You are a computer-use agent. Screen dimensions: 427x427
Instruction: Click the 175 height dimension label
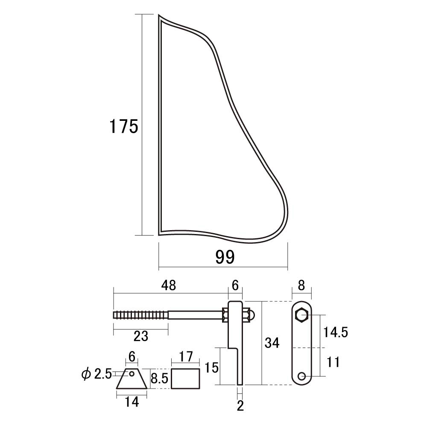click(124, 126)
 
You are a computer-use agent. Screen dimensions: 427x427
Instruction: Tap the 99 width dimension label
click(225, 257)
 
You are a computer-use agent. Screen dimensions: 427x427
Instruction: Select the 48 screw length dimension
click(169, 285)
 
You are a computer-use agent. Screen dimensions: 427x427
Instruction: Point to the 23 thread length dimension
click(141, 336)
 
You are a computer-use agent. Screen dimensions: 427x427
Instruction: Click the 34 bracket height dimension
click(272, 342)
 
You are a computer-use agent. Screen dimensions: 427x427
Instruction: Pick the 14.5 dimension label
click(336, 332)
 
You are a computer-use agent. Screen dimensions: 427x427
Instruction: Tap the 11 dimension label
click(333, 362)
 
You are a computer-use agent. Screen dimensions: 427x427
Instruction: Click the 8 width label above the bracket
click(301, 285)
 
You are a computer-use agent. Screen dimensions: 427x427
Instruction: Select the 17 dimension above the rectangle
click(186, 357)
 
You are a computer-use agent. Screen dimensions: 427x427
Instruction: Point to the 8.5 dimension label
click(160, 378)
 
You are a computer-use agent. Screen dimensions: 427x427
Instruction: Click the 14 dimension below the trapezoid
click(132, 402)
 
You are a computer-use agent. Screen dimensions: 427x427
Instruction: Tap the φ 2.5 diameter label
click(97, 374)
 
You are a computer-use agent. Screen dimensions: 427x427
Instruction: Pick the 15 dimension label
click(212, 368)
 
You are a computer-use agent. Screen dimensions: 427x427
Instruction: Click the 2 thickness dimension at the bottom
click(240, 406)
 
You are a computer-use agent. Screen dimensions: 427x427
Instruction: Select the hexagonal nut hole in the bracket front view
click(302, 316)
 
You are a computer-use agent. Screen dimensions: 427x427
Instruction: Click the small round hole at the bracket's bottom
click(302, 376)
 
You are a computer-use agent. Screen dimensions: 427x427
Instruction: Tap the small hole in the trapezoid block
click(132, 374)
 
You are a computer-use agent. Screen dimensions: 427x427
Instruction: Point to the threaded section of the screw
click(140, 316)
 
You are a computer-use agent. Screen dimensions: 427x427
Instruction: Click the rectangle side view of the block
click(185, 378)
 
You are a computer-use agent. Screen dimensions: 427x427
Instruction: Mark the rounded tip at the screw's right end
click(252, 316)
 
